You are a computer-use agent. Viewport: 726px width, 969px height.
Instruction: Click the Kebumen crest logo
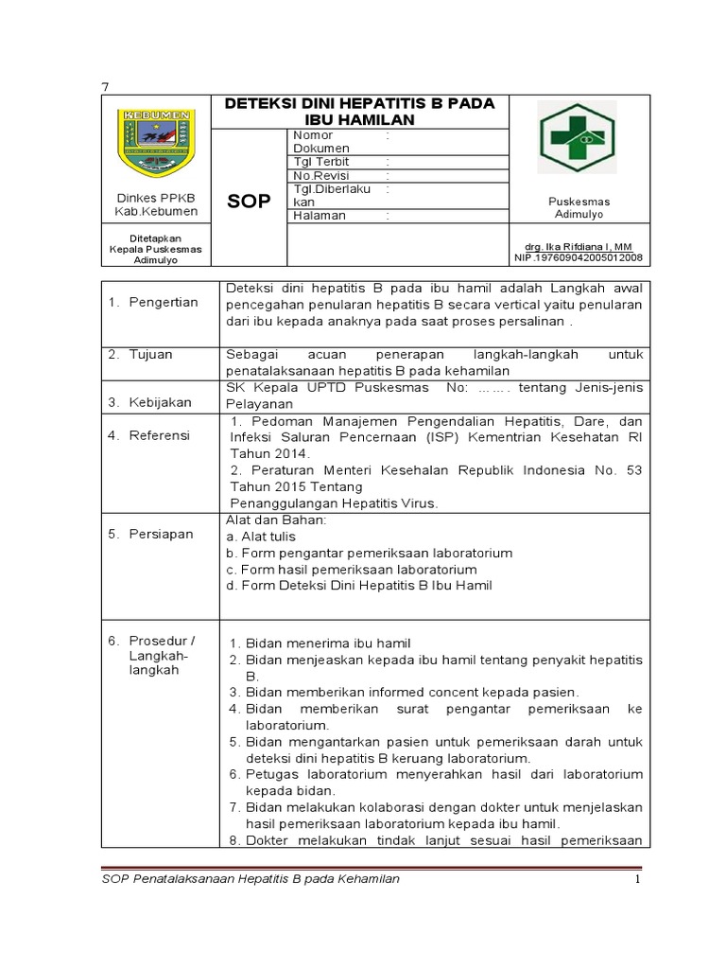click(x=155, y=143)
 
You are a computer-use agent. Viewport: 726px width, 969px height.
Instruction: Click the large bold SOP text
click(x=250, y=202)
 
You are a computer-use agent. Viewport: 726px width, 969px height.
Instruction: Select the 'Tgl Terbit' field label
click(x=321, y=162)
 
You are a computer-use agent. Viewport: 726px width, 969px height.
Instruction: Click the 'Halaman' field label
click(x=320, y=215)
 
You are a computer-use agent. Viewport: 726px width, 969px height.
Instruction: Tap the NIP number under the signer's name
click(x=579, y=257)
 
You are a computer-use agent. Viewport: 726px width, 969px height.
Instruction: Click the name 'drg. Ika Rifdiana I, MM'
click(x=579, y=246)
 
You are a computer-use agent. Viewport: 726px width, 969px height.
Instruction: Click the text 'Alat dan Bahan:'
click(x=276, y=520)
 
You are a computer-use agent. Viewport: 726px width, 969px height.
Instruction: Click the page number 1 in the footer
click(x=637, y=879)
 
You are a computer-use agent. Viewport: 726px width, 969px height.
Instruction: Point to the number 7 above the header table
click(x=105, y=87)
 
